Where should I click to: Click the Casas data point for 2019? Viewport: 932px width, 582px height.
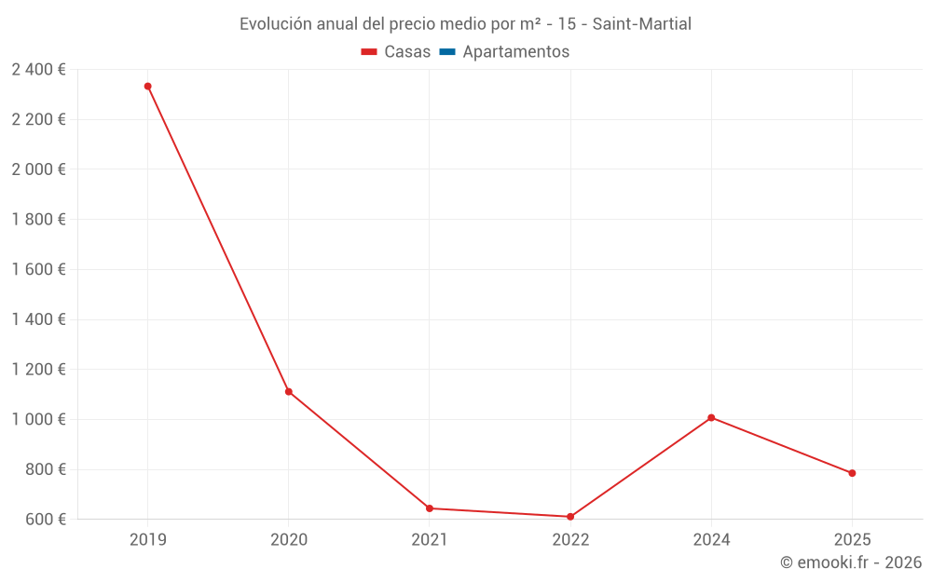(x=147, y=87)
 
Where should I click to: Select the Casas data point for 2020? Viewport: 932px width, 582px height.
(x=289, y=392)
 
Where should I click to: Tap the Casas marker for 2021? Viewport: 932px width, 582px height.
(x=430, y=508)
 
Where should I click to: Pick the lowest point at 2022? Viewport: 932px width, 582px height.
(x=570, y=517)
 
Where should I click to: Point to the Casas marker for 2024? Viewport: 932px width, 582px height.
(x=711, y=417)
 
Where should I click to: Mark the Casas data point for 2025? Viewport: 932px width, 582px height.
(x=852, y=473)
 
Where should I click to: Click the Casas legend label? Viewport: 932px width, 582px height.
(x=407, y=52)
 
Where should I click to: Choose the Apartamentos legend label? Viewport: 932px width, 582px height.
(x=515, y=52)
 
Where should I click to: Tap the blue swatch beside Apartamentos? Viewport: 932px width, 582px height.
(x=446, y=52)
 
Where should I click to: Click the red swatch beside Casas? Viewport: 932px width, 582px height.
(x=368, y=52)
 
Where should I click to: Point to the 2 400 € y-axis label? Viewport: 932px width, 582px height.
(x=38, y=70)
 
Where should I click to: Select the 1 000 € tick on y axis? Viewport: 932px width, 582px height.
(x=38, y=419)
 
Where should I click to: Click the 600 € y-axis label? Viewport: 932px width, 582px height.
(x=44, y=520)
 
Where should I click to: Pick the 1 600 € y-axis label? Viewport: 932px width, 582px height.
(x=38, y=269)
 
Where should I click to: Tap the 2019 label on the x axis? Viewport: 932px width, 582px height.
(x=147, y=539)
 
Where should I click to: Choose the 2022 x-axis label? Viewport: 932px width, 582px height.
(x=570, y=539)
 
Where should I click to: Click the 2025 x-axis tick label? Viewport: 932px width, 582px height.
(x=852, y=539)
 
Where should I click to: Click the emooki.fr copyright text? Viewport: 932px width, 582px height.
(x=850, y=562)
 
